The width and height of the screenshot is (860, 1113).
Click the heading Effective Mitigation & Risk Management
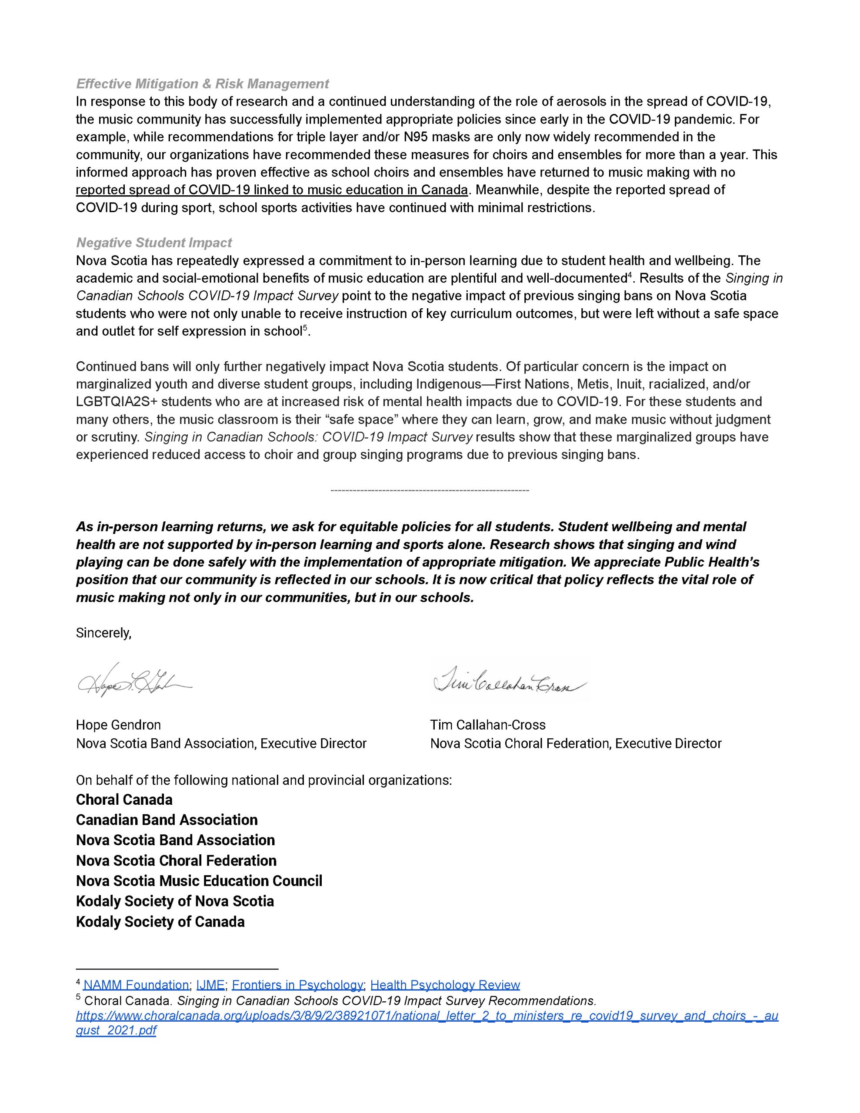(202, 83)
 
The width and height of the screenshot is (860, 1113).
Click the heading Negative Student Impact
(154, 243)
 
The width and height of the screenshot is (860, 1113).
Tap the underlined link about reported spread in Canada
(272, 190)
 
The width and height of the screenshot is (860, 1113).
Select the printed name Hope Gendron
(118, 725)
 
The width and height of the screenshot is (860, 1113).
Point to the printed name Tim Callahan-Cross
(487, 725)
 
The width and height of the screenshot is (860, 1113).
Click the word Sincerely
(103, 633)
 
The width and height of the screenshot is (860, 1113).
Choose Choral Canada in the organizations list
(124, 800)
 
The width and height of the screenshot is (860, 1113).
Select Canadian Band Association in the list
(167, 820)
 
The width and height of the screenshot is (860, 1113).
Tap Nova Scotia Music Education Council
(199, 881)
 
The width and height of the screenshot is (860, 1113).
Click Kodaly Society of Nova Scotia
(175, 902)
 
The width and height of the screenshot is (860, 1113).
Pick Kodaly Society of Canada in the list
(160, 922)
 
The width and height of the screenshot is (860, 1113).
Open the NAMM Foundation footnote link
(136, 985)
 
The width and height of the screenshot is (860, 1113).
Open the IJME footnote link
(210, 985)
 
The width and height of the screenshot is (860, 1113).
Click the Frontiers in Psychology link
(298, 985)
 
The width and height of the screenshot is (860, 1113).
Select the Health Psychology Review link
(445, 985)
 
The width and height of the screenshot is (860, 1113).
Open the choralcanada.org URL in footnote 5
(427, 1016)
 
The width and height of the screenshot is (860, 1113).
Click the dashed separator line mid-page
(430, 490)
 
